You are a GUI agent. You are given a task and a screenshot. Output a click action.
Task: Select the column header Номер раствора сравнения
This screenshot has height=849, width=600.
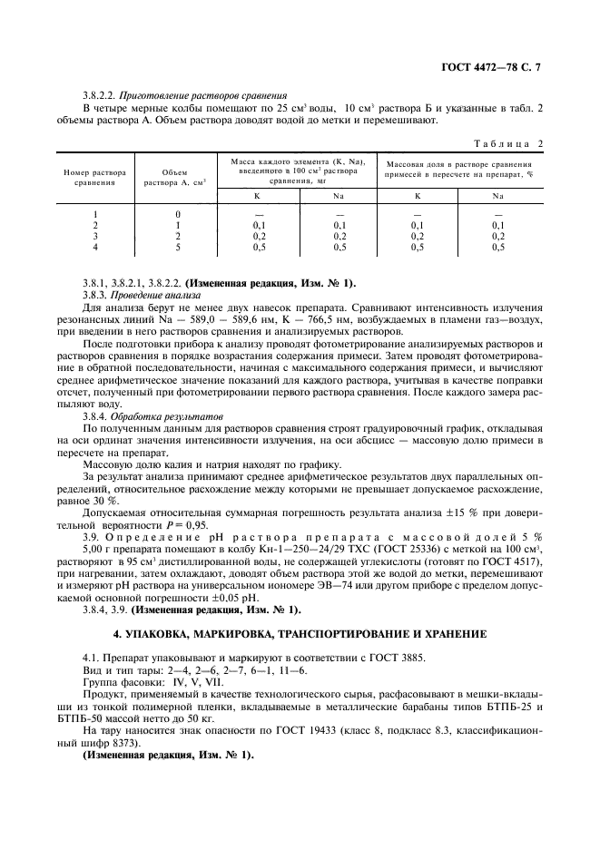click(x=94, y=176)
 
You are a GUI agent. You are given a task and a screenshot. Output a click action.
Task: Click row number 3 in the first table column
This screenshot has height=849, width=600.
click(x=94, y=236)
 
